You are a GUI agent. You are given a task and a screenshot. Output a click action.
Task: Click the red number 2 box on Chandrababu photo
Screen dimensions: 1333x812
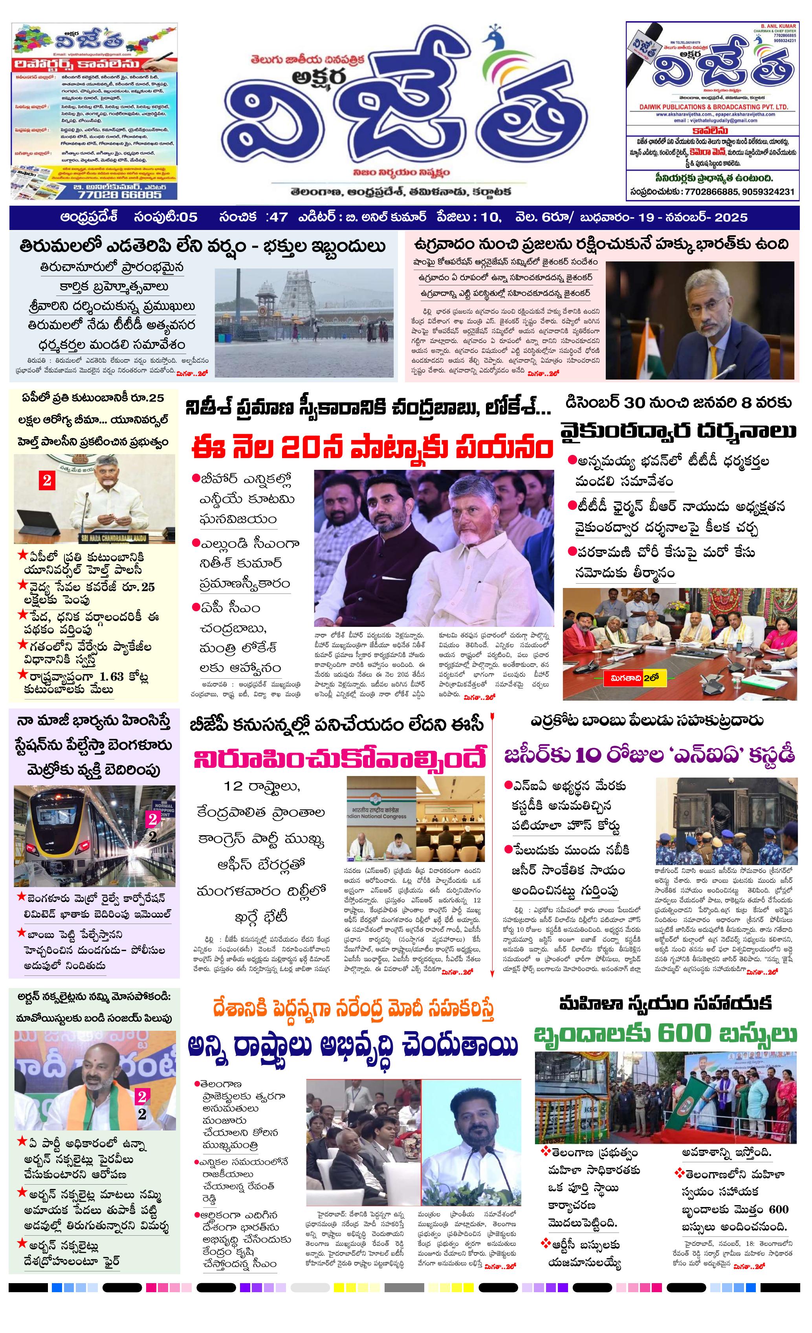pos(47,480)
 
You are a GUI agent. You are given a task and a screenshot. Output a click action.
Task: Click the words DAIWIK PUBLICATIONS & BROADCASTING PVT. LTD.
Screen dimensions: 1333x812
pos(713,107)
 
